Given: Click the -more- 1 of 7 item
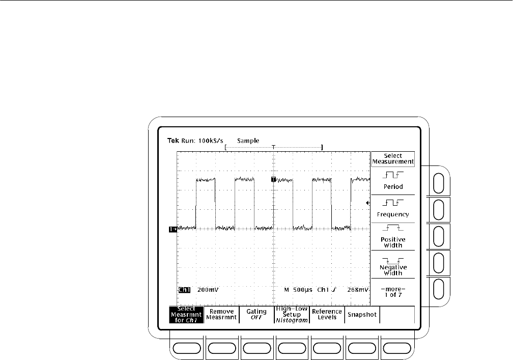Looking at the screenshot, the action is (x=393, y=292).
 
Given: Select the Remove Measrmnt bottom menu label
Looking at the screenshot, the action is (x=221, y=315).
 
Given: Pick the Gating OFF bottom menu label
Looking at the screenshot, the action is (x=256, y=315).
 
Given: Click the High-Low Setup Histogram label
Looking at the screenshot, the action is (x=292, y=315).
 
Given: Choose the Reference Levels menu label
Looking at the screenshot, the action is (x=327, y=315).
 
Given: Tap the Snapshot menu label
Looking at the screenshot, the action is (x=362, y=315).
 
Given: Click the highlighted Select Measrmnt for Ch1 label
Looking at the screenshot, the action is (x=186, y=315).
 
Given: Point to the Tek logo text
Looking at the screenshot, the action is (x=173, y=141).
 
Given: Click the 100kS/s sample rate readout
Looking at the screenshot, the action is (x=211, y=141).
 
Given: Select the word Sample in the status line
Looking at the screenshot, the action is (x=248, y=141).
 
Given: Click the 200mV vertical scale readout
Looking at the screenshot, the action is (x=208, y=290).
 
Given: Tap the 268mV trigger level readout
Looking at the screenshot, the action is (x=358, y=290).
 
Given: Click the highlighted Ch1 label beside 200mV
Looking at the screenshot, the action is (x=184, y=290).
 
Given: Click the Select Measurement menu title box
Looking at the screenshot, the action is (x=393, y=159).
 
